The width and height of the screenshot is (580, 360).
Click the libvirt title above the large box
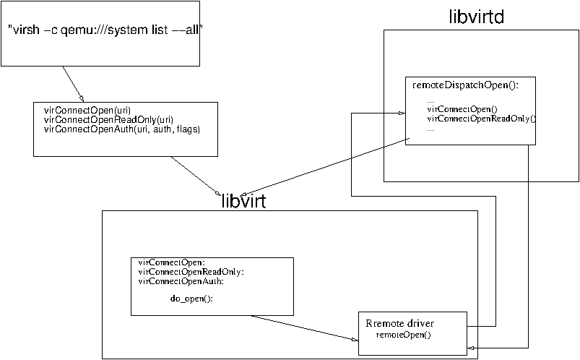[x=243, y=202]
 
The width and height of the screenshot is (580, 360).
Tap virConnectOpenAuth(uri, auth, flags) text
[x=121, y=129]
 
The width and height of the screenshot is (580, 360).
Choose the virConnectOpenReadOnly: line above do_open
[x=191, y=272]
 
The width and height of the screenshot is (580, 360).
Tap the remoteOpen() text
[x=403, y=335]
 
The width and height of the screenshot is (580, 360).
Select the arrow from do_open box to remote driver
[x=303, y=327]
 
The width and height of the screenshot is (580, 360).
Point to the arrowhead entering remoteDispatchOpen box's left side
[x=399, y=113]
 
